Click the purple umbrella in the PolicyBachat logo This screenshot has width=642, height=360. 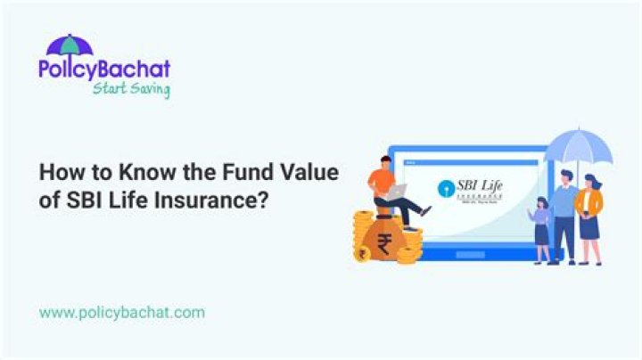69,45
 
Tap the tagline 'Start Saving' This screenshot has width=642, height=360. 130,89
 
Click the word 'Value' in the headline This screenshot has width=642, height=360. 309,173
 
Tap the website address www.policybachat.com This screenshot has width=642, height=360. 122,312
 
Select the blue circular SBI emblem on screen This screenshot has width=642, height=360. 446,189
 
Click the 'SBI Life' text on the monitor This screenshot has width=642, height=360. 479,185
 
